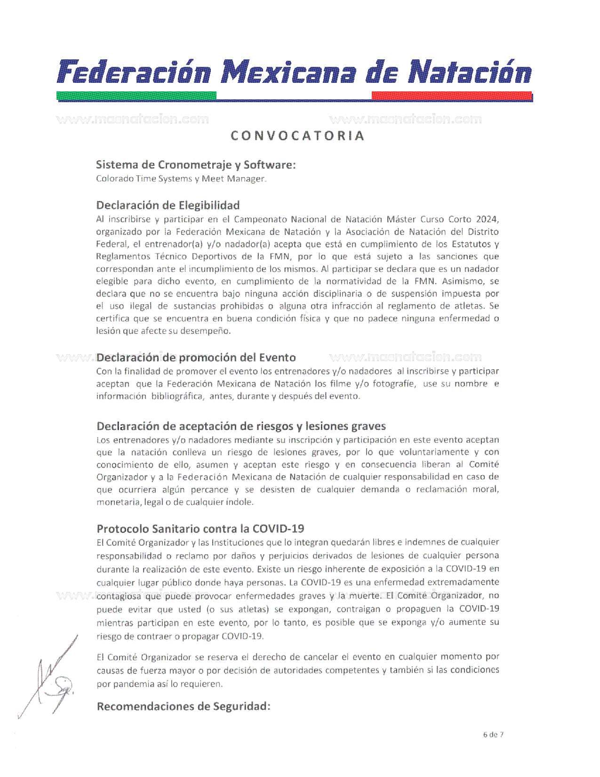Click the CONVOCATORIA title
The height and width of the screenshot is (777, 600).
pos(297,136)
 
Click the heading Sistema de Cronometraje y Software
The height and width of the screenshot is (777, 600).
pos(196,165)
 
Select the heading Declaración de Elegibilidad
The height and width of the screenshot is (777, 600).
pos(168,205)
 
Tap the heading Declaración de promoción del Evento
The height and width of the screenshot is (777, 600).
pos(196,357)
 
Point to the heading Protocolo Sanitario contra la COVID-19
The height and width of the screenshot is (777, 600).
pos(200,529)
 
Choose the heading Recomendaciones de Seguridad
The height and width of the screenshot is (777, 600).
pos(184,706)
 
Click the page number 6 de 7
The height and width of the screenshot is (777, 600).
pos(493,735)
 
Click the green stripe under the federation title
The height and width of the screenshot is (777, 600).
pos(136,96)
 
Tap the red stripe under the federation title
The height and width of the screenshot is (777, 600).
pos(452,96)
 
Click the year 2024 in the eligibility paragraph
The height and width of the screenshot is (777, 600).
pos(487,219)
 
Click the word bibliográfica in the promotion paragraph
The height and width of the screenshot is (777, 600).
pos(177,397)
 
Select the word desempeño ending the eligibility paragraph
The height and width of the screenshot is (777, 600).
pos(211,331)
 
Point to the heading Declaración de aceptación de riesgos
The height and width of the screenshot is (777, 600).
pos(241,426)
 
